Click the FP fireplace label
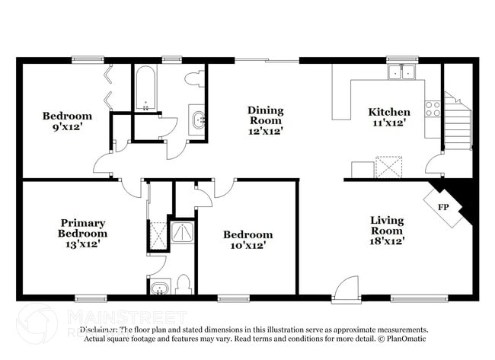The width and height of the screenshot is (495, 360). (x=442, y=207)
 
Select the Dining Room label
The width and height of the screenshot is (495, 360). (x=265, y=116)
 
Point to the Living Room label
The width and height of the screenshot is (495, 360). (x=387, y=225)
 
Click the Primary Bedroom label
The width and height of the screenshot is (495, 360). (x=84, y=228)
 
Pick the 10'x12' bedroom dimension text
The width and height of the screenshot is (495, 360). (x=247, y=246)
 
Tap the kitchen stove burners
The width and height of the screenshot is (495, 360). (x=433, y=109)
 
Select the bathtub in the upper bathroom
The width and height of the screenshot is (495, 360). (x=145, y=90)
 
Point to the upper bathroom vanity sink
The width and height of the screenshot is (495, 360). (x=198, y=119)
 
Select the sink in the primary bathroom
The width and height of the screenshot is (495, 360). (x=159, y=287)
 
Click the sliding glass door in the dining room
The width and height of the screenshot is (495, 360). (x=266, y=60)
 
